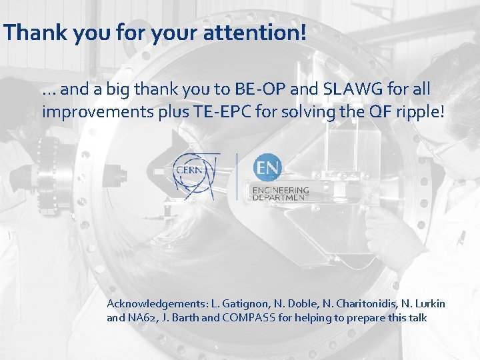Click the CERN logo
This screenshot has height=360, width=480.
196,175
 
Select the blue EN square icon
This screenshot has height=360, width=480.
267,167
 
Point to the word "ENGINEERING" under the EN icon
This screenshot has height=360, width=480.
281,190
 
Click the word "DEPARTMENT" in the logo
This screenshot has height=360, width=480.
281,197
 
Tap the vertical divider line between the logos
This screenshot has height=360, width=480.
237,176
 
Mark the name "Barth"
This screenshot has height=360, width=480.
185,318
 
